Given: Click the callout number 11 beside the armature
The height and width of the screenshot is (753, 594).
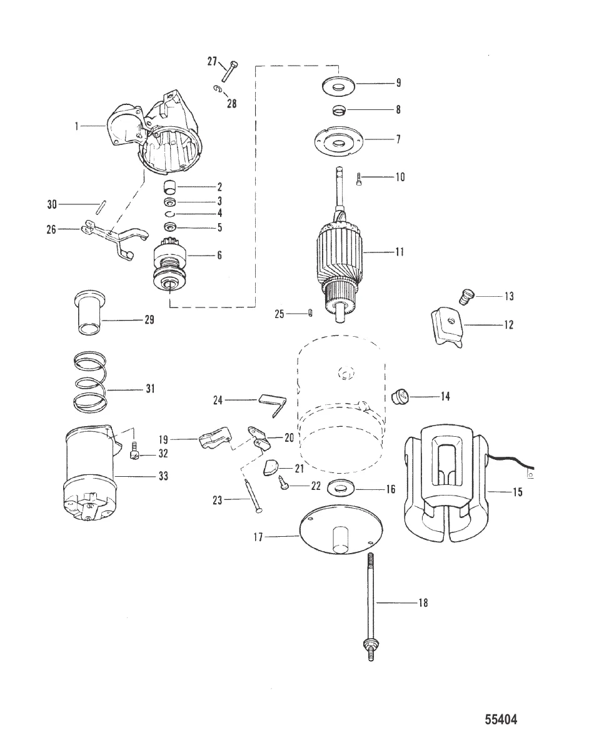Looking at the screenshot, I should click(x=399, y=252).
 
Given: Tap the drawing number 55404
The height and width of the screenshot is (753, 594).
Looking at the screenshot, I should click(x=501, y=720).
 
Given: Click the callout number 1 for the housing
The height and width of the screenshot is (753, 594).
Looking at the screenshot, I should click(x=78, y=126).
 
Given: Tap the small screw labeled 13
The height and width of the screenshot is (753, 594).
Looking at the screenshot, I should click(x=465, y=296).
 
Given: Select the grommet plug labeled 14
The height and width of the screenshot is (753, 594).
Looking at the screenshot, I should click(x=400, y=396).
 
